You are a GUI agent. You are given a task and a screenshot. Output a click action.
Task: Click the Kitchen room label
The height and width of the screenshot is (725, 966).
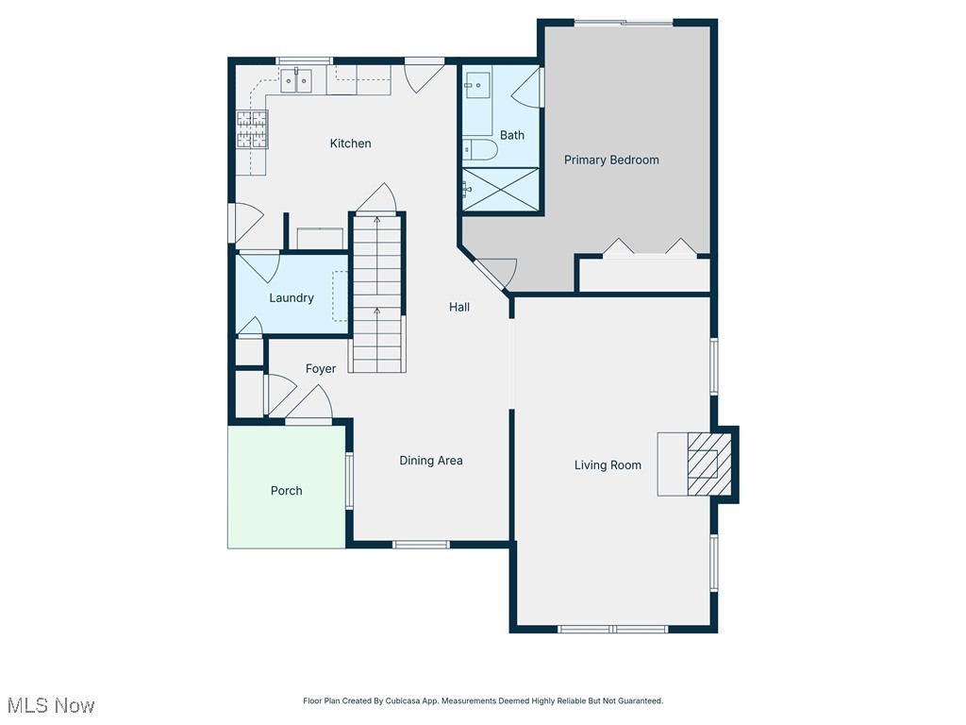[350, 143]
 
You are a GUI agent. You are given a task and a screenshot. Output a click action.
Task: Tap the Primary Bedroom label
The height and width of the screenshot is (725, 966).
[611, 160]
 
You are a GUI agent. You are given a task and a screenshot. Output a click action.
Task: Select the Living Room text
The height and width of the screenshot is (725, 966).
[608, 464]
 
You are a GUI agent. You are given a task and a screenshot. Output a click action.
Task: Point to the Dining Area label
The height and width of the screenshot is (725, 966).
[430, 461]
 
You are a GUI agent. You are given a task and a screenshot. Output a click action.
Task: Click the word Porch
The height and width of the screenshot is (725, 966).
[287, 491]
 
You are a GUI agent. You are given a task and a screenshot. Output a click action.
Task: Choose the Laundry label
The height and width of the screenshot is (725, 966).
[291, 298]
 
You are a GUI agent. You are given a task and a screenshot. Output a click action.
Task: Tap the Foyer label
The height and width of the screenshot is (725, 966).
[320, 369]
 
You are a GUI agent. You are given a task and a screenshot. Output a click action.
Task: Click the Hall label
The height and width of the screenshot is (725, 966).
[459, 307]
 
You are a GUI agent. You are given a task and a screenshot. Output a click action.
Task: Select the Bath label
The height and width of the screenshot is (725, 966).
[512, 135]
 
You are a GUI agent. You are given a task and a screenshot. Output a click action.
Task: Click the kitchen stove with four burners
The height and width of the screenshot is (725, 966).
[252, 129]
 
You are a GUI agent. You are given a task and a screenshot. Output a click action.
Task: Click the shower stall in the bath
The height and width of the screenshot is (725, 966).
[501, 190]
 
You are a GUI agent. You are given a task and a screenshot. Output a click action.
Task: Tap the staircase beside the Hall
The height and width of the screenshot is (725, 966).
[378, 293]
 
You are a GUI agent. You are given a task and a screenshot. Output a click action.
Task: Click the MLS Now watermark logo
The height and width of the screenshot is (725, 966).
[51, 705]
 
